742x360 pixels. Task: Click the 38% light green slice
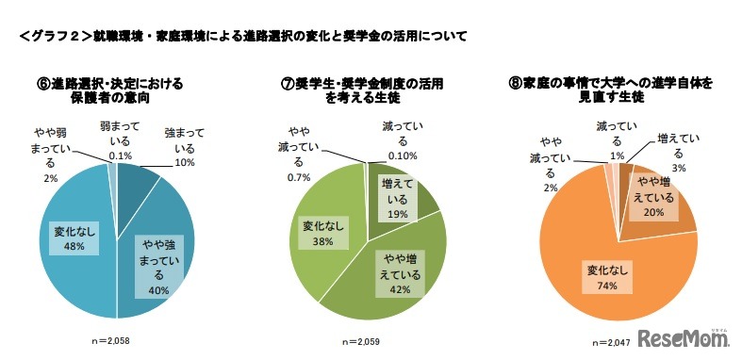321,226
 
